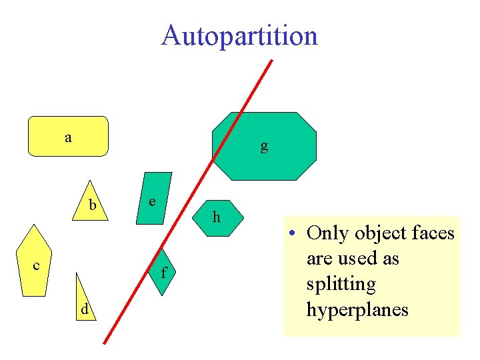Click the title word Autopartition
click(239, 35)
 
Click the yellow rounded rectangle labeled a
click(68, 136)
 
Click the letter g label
click(265, 145)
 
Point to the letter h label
click(216, 217)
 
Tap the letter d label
click(84, 309)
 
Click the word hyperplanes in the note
click(357, 309)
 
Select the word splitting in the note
click(341, 284)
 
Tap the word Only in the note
click(329, 233)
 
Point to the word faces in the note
click(432, 233)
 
